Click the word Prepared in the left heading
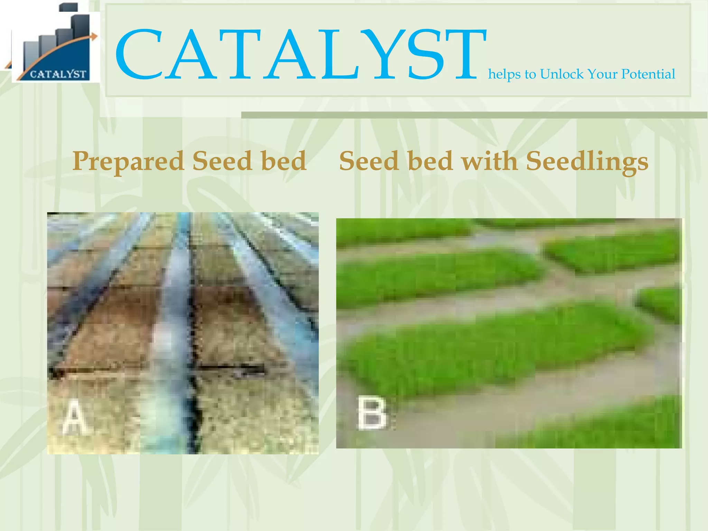pos(128,162)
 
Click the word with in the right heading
pos(489,161)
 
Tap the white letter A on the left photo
pos(74,417)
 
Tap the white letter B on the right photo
pos(372,413)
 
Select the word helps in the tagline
pos(504,74)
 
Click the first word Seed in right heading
pos(369,161)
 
